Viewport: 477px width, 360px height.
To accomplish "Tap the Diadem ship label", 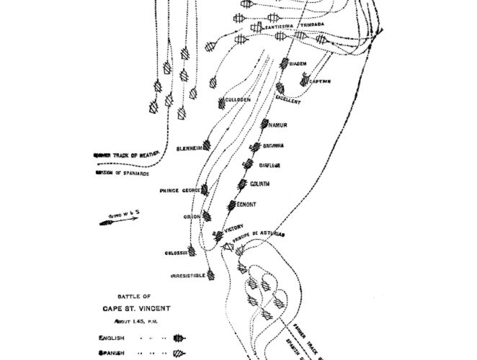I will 298,64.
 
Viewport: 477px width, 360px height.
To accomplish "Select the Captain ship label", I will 321,81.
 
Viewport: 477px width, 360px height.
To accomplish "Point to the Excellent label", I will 288,102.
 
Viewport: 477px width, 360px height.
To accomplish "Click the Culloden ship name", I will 237,99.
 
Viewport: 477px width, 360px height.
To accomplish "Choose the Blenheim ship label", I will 188,149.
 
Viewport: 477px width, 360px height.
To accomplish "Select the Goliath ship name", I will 259,184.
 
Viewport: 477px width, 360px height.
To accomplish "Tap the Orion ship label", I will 192,216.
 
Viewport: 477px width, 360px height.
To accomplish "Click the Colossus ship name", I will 176,253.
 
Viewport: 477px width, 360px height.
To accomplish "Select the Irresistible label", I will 187,276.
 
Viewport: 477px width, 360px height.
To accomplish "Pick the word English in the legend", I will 111,336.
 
